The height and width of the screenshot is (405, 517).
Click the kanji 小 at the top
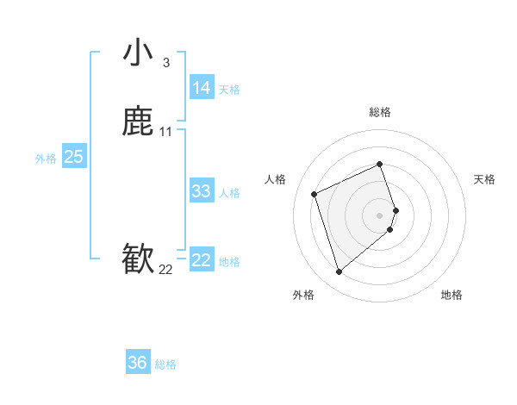point(138,53)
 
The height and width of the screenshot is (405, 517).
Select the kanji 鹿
point(138,122)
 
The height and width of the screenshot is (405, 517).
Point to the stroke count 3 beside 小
point(165,63)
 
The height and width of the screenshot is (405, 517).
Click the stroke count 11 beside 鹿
point(166,132)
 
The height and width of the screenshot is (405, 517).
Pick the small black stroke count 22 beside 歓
point(165,270)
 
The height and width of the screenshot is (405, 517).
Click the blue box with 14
point(201,88)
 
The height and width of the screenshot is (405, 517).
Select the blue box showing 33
point(201,191)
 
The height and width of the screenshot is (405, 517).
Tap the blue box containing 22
point(201,260)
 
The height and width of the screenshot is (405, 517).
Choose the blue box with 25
point(74,157)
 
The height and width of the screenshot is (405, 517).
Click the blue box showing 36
point(138,363)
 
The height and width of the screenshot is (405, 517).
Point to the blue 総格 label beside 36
point(165,364)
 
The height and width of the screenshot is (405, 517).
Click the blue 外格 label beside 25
point(46,159)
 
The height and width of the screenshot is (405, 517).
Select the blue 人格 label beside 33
point(229,193)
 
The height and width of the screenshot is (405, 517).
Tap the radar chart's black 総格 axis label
point(379,112)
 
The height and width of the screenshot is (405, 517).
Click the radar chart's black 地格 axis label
point(452,295)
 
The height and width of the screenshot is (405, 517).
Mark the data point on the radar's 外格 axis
point(339,272)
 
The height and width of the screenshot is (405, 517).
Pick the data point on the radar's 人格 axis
point(315,193)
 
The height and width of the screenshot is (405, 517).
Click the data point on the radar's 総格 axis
point(379,164)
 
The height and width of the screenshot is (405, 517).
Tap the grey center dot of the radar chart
point(379,215)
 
